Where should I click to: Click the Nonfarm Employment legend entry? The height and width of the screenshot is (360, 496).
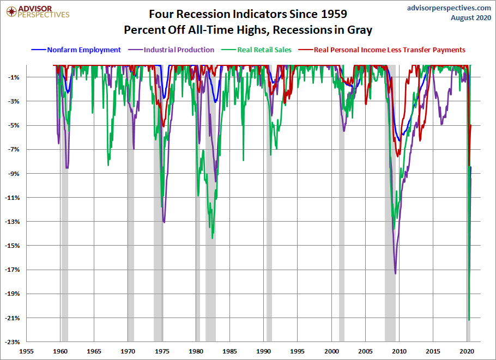[84, 50]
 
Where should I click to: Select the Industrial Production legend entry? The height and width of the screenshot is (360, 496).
[179, 50]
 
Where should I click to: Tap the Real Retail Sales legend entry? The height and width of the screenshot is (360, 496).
[264, 50]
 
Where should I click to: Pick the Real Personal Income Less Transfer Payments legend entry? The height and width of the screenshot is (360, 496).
[389, 50]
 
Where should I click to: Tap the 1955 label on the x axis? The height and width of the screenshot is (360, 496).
[26, 351]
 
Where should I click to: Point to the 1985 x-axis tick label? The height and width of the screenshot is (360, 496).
[229, 351]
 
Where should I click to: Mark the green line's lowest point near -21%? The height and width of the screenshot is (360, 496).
[469, 320]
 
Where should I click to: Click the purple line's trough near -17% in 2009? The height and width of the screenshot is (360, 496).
[395, 273]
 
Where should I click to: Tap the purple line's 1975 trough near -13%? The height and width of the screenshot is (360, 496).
[164, 222]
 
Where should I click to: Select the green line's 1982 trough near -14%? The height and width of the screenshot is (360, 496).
[212, 238]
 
